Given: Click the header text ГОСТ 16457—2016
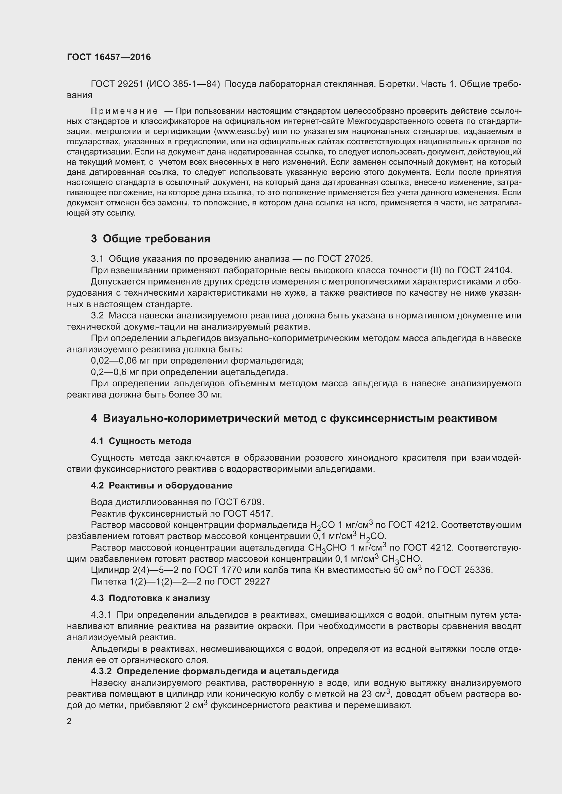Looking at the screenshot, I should (109, 57).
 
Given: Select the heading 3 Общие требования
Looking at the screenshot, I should (151, 239).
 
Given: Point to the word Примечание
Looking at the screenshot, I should (124, 111).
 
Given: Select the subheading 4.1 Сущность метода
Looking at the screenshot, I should (141, 441).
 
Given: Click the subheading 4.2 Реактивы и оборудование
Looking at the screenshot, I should (162, 485).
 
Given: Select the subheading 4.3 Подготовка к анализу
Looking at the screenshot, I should (150, 598).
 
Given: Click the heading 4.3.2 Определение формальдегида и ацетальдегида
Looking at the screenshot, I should (214, 671).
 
